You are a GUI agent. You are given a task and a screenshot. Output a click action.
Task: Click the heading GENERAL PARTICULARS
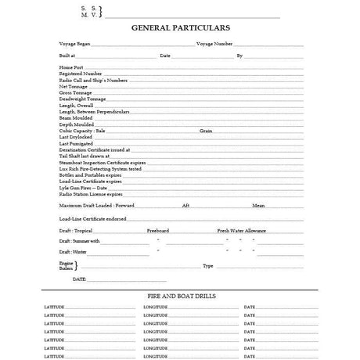pos(180,27)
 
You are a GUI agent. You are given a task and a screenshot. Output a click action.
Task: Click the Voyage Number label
pos(214,44)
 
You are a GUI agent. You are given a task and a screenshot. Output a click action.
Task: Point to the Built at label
pos(67,56)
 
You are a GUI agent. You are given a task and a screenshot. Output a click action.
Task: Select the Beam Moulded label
pos(75,117)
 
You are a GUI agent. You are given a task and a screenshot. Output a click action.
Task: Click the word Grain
pos(206,130)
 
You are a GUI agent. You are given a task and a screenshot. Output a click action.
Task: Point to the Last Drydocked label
pos(76,137)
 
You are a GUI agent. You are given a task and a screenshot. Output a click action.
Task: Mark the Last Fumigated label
pos(76,143)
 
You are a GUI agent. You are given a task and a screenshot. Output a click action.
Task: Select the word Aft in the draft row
pos(185,205)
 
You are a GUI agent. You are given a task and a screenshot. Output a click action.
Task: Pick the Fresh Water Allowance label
pos(243,231)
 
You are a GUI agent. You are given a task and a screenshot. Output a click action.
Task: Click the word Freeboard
pos(158,231)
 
